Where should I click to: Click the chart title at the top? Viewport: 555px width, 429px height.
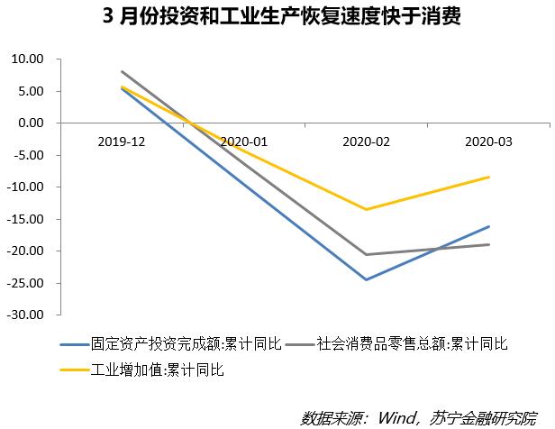(281, 16)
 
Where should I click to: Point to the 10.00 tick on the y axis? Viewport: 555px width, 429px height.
(27, 59)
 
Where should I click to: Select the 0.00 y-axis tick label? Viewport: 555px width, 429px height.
(31, 123)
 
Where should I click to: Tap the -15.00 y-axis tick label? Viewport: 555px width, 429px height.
(25, 219)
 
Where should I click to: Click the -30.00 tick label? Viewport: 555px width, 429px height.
(25, 315)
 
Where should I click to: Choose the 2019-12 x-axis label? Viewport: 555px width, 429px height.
(122, 141)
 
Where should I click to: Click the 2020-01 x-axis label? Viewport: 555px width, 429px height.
(244, 141)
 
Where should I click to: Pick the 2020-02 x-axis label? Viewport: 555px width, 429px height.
(366, 141)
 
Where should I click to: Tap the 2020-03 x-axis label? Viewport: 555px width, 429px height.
(488, 141)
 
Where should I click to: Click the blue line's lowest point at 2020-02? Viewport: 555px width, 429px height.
(366, 279)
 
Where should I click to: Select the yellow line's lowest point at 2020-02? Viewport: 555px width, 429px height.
(366, 209)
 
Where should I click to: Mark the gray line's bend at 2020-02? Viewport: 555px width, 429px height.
(366, 254)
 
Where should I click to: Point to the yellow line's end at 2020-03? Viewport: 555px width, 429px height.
(489, 177)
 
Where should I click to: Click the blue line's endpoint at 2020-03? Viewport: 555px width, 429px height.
(489, 226)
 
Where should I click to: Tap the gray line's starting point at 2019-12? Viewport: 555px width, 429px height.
(122, 71)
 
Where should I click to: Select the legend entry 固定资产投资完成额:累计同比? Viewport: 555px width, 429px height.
(170, 343)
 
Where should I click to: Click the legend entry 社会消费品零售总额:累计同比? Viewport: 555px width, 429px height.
(396, 343)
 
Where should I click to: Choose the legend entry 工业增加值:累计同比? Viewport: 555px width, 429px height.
(142, 370)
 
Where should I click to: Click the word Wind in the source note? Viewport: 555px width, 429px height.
(396, 418)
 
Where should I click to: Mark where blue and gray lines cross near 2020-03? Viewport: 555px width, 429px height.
(437, 249)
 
